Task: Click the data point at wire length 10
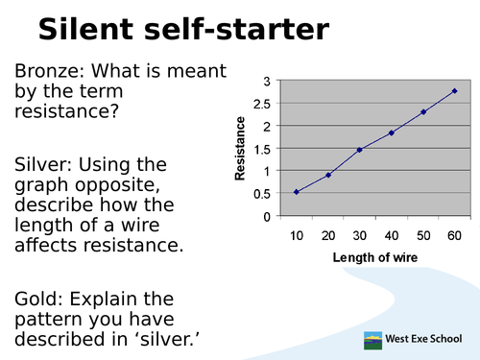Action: [297, 192]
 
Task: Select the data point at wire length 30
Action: [360, 150]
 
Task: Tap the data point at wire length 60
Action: [454, 91]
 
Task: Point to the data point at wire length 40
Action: [391, 132]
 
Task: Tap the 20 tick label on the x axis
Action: [328, 235]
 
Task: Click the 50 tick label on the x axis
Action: [423, 235]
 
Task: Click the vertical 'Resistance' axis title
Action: [241, 149]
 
